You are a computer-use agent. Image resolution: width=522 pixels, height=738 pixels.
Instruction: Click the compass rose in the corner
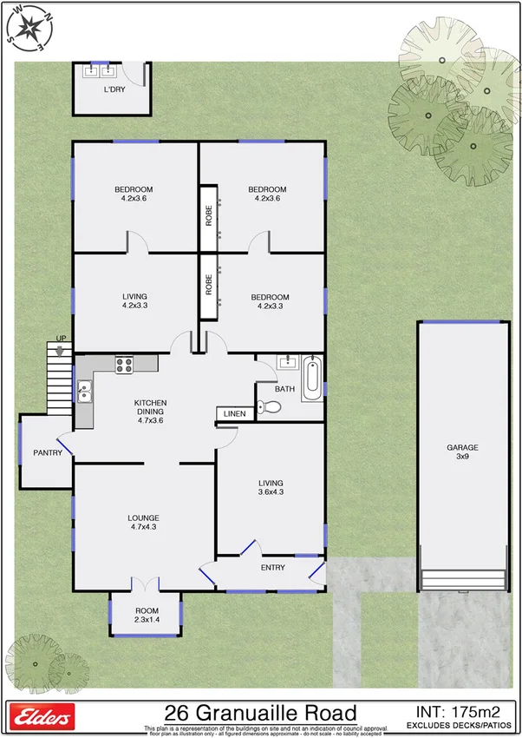point(29,25)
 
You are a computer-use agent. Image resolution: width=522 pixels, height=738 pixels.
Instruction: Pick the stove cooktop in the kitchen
point(124,366)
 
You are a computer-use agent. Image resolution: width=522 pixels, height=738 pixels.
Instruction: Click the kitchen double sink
point(84,394)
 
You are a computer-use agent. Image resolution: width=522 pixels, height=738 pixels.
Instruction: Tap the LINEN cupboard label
point(234,414)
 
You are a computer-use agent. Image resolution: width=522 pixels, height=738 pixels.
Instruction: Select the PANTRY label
point(46,452)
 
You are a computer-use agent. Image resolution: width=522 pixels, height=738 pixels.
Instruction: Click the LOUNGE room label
point(144,523)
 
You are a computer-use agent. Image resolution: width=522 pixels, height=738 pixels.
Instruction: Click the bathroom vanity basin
point(287,364)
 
